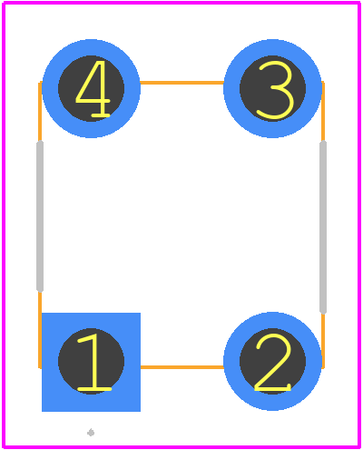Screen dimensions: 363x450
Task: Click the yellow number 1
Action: point(95,362)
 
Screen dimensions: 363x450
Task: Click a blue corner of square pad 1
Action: point(43,314)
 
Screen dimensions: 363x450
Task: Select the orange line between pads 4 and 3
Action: point(181,83)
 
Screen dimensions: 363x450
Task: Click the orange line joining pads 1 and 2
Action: point(181,367)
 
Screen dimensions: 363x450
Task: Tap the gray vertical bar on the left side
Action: point(40,216)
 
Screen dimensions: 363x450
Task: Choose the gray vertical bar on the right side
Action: point(323,227)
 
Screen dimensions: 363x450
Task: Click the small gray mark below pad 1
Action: point(91,433)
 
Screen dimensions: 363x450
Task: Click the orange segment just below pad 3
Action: point(323,112)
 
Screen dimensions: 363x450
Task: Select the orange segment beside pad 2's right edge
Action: point(323,341)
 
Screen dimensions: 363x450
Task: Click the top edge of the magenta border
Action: point(181,3)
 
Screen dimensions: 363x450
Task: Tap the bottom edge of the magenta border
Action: point(181,446)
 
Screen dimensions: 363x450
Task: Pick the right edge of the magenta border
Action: point(359,225)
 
